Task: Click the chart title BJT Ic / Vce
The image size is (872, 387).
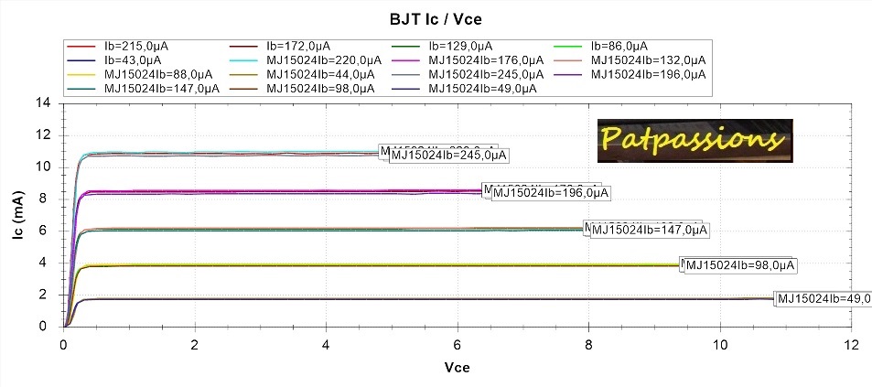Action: coord(436,16)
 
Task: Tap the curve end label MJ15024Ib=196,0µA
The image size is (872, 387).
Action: coord(551,193)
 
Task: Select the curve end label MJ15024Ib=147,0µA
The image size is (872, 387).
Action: coord(651,230)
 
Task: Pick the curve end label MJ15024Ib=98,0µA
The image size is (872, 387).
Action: coord(741,265)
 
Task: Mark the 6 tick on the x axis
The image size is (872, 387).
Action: coord(458,345)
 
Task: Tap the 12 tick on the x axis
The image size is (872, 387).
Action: coord(851,345)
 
